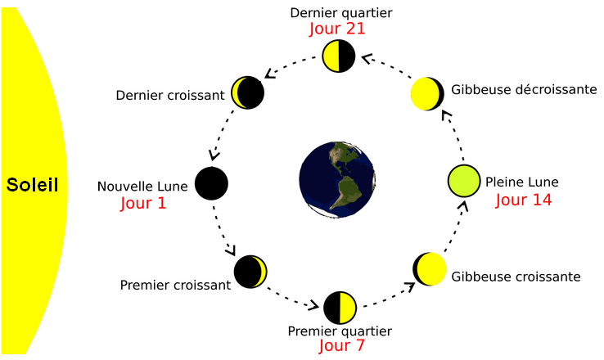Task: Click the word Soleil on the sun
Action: tap(32, 185)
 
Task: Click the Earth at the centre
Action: tap(337, 178)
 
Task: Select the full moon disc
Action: tap(464, 181)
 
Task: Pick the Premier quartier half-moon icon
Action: tap(340, 308)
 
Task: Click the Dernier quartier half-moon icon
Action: tap(337, 56)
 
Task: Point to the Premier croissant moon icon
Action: tap(250, 271)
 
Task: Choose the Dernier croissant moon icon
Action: tap(248, 93)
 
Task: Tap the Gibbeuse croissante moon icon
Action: tap(429, 268)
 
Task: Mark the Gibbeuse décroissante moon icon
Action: tap(426, 94)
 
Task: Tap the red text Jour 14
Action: tap(523, 200)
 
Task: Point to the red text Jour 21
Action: tap(336, 29)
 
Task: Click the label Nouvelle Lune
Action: tap(142, 187)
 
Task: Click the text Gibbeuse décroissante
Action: tap(524, 89)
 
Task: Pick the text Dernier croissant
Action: tap(170, 96)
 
